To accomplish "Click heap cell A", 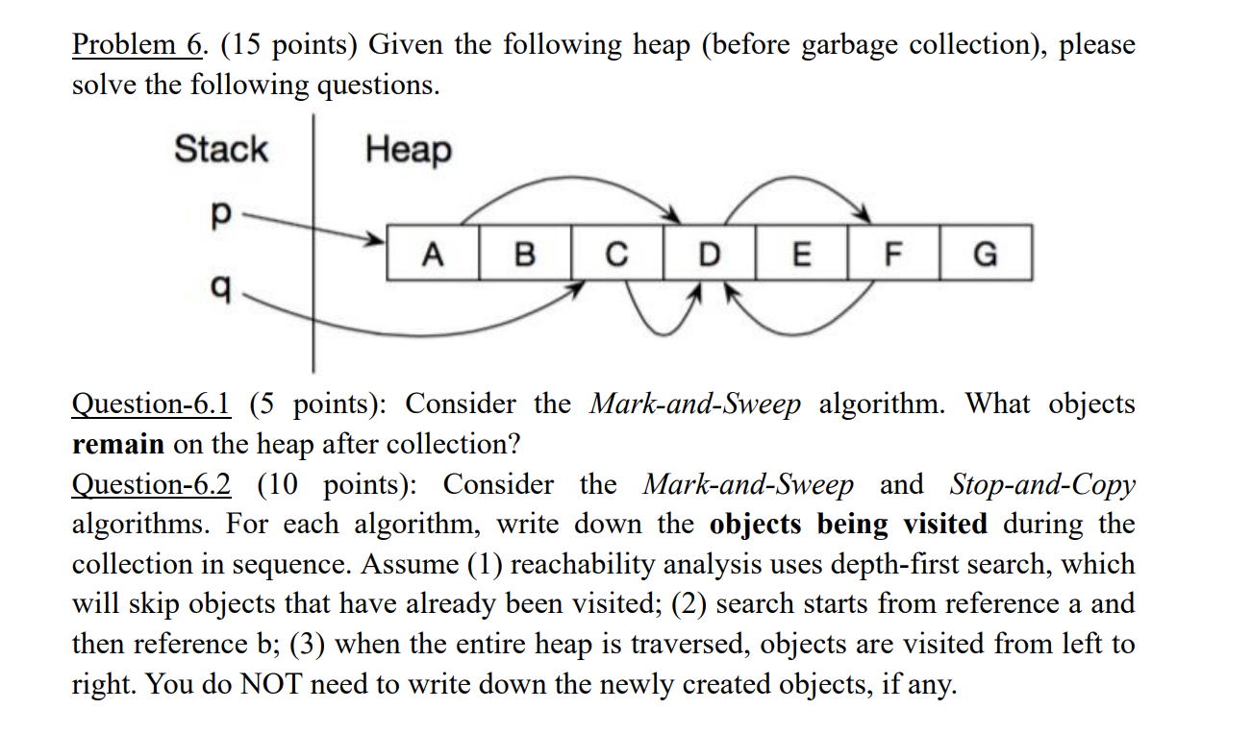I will click(433, 254).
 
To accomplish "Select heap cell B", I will click(524, 254).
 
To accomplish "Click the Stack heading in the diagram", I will click(220, 150).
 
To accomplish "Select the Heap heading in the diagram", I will click(408, 150).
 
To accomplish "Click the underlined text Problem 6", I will click(138, 45).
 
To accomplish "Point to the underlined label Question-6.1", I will click(151, 404).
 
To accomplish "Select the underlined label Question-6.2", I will click(151, 484).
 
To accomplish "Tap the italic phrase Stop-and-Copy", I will click(1042, 484).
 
